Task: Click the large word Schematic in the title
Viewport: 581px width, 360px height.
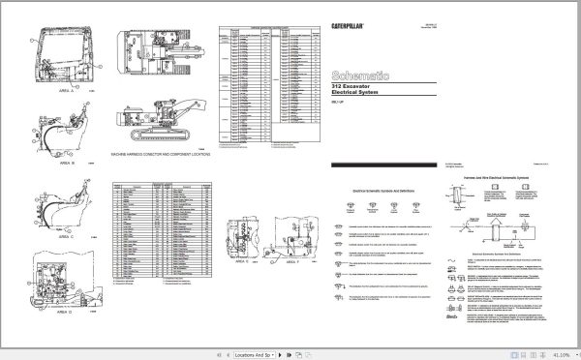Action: click(361, 73)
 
